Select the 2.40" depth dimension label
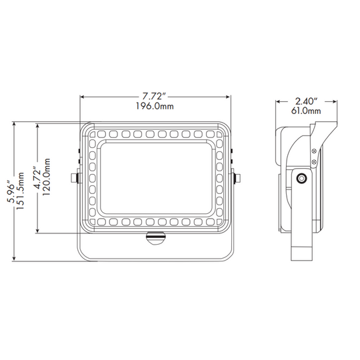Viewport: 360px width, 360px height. (307, 101)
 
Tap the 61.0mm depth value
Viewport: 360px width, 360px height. (307, 111)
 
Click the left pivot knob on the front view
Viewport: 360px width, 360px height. (77, 177)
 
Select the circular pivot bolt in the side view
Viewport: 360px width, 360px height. (302, 178)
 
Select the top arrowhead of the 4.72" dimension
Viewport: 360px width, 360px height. (39, 125)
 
